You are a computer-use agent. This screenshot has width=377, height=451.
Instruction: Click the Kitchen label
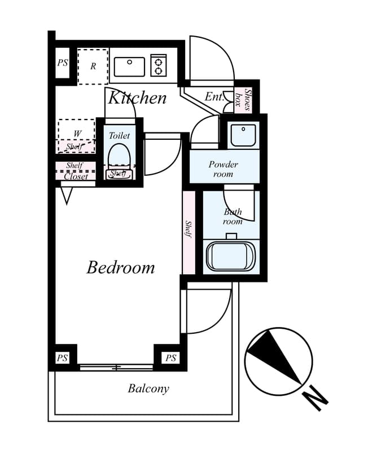coord(137,98)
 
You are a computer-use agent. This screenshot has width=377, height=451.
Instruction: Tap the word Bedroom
coord(120,267)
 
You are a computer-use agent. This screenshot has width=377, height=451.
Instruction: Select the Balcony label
coord(148,388)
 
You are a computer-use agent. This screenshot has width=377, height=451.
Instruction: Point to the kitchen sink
coord(129,67)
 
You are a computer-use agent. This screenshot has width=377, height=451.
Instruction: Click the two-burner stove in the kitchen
coord(159,65)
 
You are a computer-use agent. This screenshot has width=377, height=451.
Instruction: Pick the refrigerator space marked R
coord(93,67)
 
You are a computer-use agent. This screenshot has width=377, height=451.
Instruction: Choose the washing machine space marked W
coord(77,133)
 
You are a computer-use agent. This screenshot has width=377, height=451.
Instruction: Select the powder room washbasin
coord(243,135)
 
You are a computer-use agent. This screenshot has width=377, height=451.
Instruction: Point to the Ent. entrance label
coord(214,97)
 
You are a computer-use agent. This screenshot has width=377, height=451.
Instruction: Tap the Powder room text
coord(223,169)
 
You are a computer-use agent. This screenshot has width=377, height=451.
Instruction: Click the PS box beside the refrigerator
coord(62,63)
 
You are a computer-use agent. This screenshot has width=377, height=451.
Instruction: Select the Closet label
coord(76,176)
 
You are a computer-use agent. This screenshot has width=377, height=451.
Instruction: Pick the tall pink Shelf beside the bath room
coord(189,232)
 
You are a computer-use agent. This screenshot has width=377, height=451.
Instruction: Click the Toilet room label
coord(119,135)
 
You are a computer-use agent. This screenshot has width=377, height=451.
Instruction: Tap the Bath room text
coord(232,216)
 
